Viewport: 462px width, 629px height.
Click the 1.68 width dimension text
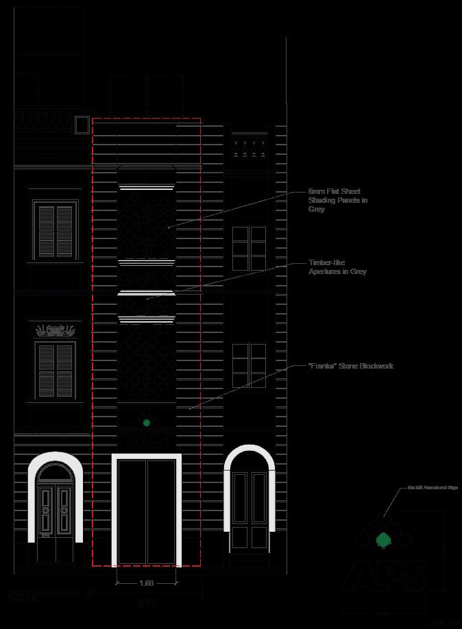[146, 583]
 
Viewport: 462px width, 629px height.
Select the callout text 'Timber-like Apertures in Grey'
[337, 267]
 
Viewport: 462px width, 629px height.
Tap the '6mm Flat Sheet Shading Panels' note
[338, 200]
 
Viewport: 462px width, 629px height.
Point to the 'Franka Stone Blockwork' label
[351, 366]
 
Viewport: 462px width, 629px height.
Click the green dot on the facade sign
[147, 423]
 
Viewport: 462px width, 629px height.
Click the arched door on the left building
[55, 508]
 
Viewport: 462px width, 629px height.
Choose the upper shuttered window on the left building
[56, 229]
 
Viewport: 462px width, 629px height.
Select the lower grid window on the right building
[249, 365]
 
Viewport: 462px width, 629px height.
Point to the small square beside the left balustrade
[82, 125]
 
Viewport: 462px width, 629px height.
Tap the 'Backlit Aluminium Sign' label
[423, 487]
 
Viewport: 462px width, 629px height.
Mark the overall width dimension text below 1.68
[147, 603]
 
